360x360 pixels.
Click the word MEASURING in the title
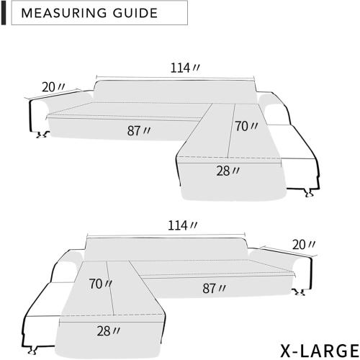64,13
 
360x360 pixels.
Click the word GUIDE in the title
135,13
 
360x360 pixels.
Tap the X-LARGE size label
320,351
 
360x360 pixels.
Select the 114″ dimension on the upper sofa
185,68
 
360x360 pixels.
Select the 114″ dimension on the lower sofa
182,225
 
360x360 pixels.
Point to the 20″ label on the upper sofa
53,87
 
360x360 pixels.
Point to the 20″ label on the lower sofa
304,245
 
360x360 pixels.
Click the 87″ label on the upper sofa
139,131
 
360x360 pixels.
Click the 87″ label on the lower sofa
214,288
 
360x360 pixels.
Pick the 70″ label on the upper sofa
246,127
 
